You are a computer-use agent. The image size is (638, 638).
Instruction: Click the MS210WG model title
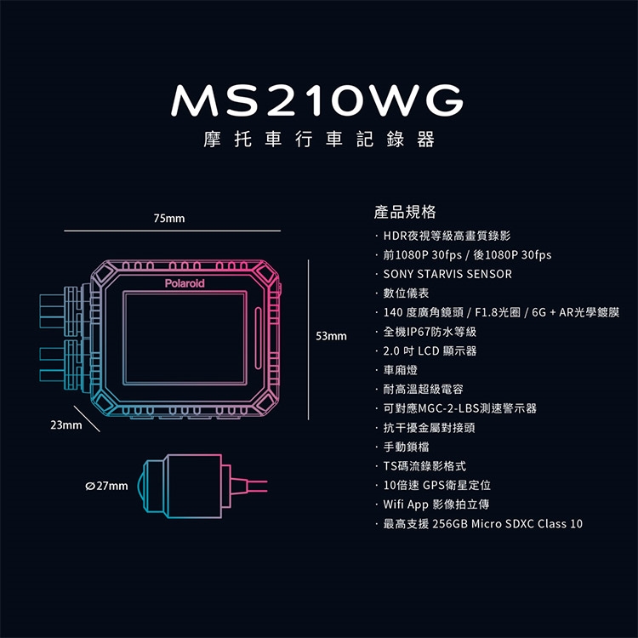click(x=318, y=101)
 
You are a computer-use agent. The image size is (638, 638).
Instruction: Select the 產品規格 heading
click(x=405, y=211)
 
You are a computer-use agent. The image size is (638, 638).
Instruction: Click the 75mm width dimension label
click(x=169, y=219)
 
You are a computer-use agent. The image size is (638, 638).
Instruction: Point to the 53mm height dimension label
click(x=332, y=337)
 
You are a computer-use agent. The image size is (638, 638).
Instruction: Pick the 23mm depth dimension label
click(x=65, y=424)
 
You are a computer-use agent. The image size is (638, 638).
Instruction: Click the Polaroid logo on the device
click(x=185, y=282)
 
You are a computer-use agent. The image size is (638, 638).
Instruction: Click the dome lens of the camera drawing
click(x=148, y=488)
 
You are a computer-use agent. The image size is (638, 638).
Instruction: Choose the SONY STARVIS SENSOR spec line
click(x=447, y=274)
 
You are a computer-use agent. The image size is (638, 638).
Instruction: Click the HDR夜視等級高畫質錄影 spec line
click(x=447, y=235)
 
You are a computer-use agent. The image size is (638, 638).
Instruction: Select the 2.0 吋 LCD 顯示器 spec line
click(x=430, y=350)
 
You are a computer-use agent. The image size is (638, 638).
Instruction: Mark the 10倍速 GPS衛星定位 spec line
click(x=437, y=485)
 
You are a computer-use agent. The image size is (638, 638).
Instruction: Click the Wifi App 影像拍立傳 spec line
click(x=437, y=504)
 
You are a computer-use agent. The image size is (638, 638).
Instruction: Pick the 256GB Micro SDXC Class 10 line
click(x=483, y=524)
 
